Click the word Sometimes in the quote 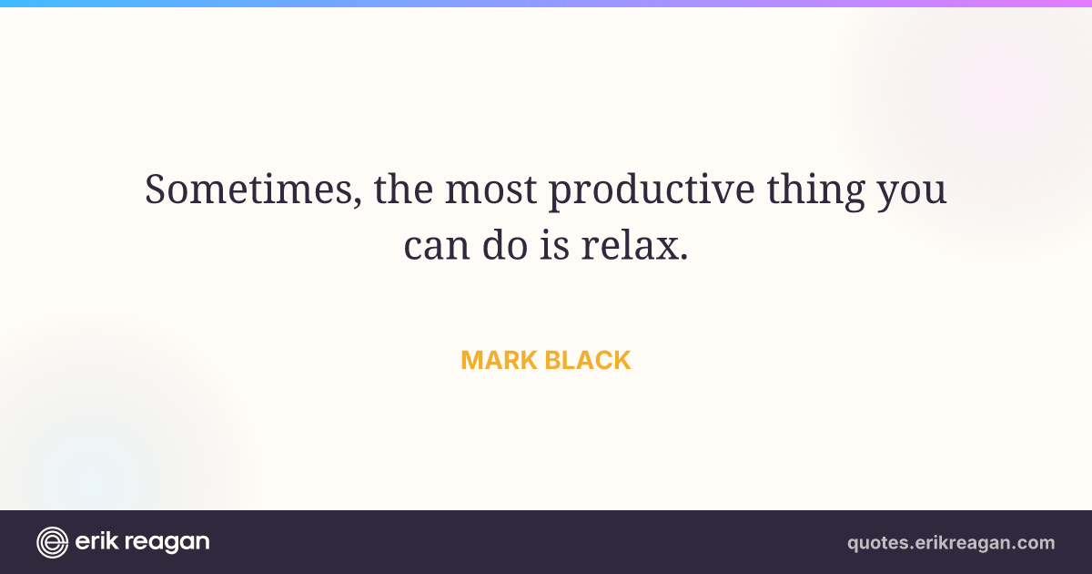(248, 189)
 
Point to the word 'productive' (652, 191)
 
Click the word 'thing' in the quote (816, 191)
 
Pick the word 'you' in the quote (912, 195)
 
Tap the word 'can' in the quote (437, 246)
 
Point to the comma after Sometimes (358, 201)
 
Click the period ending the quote (683, 256)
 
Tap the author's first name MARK (500, 360)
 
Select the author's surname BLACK (588, 360)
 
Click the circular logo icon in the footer (52, 542)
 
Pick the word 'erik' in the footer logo (96, 541)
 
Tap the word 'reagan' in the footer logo (167, 543)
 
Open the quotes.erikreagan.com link (951, 543)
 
